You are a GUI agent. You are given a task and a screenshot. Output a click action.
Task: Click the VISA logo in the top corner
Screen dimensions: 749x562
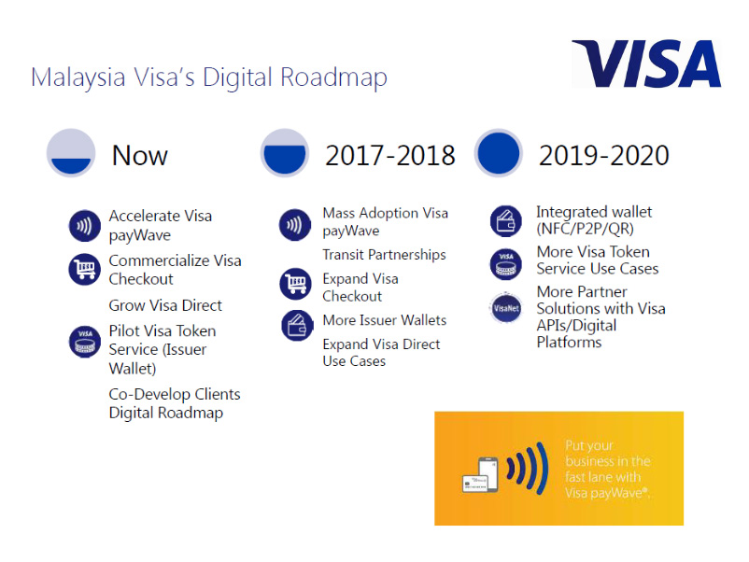click(646, 63)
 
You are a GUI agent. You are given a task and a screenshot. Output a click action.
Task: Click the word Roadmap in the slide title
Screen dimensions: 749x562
click(333, 77)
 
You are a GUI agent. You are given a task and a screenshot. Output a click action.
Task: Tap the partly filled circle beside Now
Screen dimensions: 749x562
click(71, 153)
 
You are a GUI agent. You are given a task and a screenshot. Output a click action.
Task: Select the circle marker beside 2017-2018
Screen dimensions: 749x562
click(285, 153)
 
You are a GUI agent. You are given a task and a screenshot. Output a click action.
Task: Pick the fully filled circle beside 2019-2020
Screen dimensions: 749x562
click(498, 153)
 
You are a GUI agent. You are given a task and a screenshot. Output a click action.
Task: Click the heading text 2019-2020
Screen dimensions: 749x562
click(604, 156)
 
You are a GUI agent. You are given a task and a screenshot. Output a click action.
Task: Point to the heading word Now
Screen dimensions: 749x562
click(140, 156)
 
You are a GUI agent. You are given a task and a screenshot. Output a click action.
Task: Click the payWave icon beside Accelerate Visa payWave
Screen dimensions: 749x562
click(85, 225)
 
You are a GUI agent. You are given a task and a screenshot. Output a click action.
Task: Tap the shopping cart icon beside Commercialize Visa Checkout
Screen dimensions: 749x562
click(85, 269)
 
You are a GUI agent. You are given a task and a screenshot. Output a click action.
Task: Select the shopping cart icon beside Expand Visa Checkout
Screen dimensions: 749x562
click(296, 284)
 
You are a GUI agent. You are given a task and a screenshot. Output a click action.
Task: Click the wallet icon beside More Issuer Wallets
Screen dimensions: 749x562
click(297, 325)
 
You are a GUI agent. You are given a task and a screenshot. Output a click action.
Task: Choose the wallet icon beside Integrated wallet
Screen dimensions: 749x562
click(506, 221)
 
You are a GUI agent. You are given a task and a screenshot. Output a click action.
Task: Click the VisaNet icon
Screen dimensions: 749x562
click(506, 308)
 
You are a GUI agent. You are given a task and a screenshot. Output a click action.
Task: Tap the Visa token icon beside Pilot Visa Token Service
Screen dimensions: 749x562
click(85, 342)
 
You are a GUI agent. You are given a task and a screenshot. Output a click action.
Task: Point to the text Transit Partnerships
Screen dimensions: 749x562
click(384, 255)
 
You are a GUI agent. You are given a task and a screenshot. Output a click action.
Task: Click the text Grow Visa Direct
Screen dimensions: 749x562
click(165, 305)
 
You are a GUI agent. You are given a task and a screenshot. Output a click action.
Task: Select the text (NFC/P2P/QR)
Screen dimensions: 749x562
click(586, 229)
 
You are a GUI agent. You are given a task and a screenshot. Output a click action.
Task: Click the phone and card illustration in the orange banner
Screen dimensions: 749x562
click(480, 474)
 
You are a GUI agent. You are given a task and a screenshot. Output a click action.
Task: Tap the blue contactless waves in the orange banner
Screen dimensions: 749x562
click(527, 468)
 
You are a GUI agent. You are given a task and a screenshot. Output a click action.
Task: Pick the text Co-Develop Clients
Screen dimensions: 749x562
click(175, 394)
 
